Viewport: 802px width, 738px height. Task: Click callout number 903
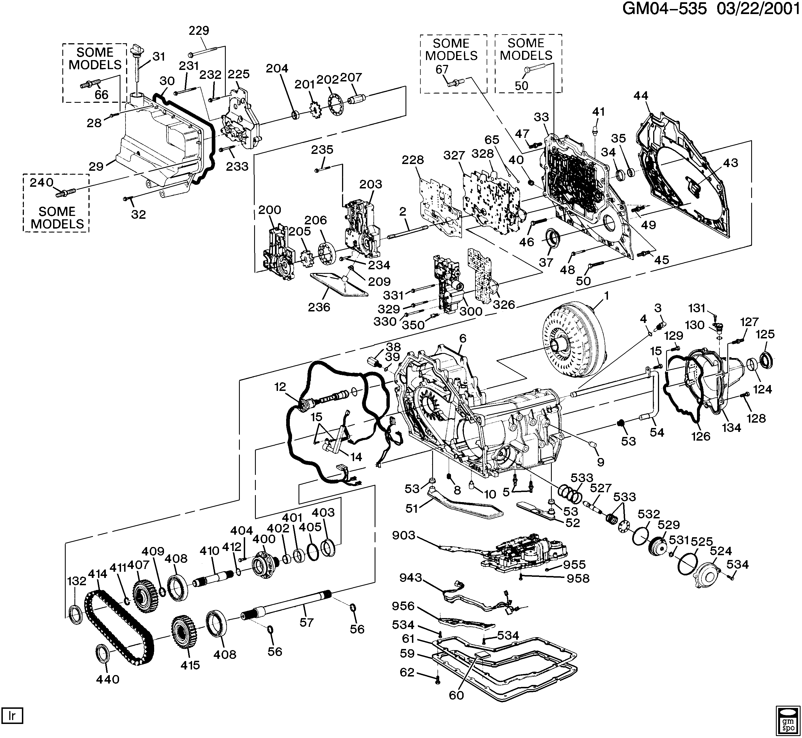[x=404, y=535]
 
